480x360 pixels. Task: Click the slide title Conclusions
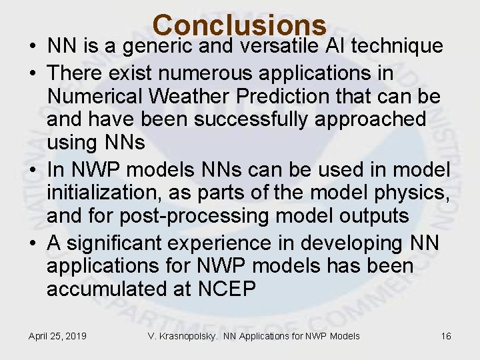click(x=239, y=25)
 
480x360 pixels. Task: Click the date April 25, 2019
click(x=57, y=336)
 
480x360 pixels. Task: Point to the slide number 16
click(x=446, y=336)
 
